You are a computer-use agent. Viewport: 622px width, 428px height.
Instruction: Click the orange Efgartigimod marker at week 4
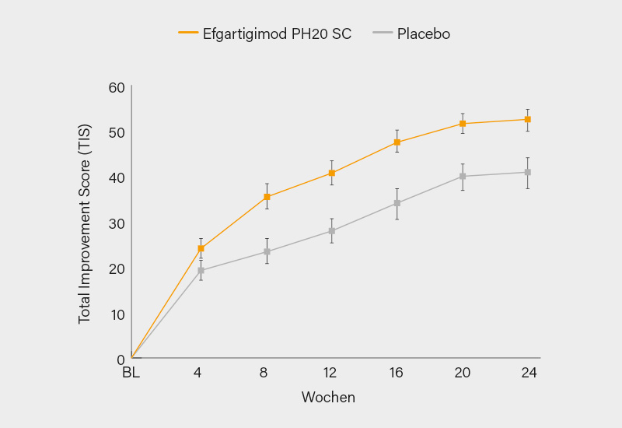[201, 249]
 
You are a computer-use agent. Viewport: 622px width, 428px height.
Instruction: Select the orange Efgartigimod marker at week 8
[267, 197]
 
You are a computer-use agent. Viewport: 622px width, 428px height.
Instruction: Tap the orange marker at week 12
[332, 173]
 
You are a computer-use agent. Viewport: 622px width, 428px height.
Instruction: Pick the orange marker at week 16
[397, 142]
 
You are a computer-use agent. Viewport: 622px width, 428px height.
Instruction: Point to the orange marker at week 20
[463, 124]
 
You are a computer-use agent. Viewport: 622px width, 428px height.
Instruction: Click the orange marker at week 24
[527, 119]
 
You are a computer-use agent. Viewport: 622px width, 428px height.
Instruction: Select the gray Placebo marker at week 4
[201, 270]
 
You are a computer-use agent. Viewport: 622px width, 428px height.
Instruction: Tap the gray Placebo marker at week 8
[267, 251]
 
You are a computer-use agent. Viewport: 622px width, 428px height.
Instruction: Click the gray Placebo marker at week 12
[332, 230]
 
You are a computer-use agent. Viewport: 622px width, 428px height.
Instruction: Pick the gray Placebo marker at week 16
[397, 203]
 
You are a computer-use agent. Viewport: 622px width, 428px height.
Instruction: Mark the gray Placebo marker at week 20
[463, 176]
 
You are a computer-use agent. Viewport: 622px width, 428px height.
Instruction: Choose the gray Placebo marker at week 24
[527, 172]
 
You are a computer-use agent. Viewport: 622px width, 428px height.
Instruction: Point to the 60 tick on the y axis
[117, 86]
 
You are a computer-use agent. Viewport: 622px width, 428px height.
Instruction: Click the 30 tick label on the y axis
[117, 223]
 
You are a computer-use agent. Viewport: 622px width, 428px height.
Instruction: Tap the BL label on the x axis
[131, 373]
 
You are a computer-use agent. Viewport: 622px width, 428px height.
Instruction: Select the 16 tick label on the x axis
[397, 373]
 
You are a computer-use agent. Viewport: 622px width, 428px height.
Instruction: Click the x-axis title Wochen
[328, 398]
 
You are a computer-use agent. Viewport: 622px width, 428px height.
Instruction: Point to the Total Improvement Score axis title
[85, 223]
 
